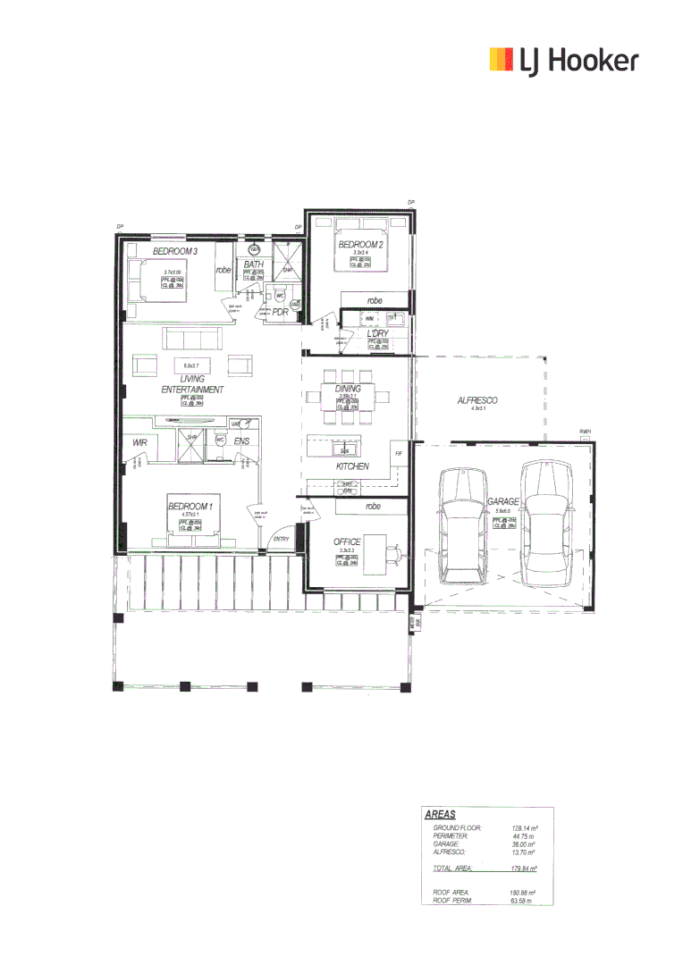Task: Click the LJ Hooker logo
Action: tap(564, 60)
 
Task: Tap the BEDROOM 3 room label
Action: tap(174, 253)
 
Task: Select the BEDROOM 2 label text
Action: tap(361, 244)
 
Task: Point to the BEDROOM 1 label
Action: tap(190, 507)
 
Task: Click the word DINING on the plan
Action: tap(348, 390)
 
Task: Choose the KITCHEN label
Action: tap(352, 466)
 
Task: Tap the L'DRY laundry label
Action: tap(381, 334)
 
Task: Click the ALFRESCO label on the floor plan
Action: tap(477, 401)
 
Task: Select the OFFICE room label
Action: tap(347, 542)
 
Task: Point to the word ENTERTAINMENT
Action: tap(192, 390)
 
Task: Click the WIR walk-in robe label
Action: tap(139, 442)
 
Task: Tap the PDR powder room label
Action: tap(280, 313)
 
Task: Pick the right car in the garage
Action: tap(545, 523)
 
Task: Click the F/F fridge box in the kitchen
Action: tap(399, 455)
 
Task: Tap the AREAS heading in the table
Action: tap(440, 815)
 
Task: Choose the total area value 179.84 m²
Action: tap(524, 868)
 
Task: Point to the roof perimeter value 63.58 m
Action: tap(522, 901)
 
